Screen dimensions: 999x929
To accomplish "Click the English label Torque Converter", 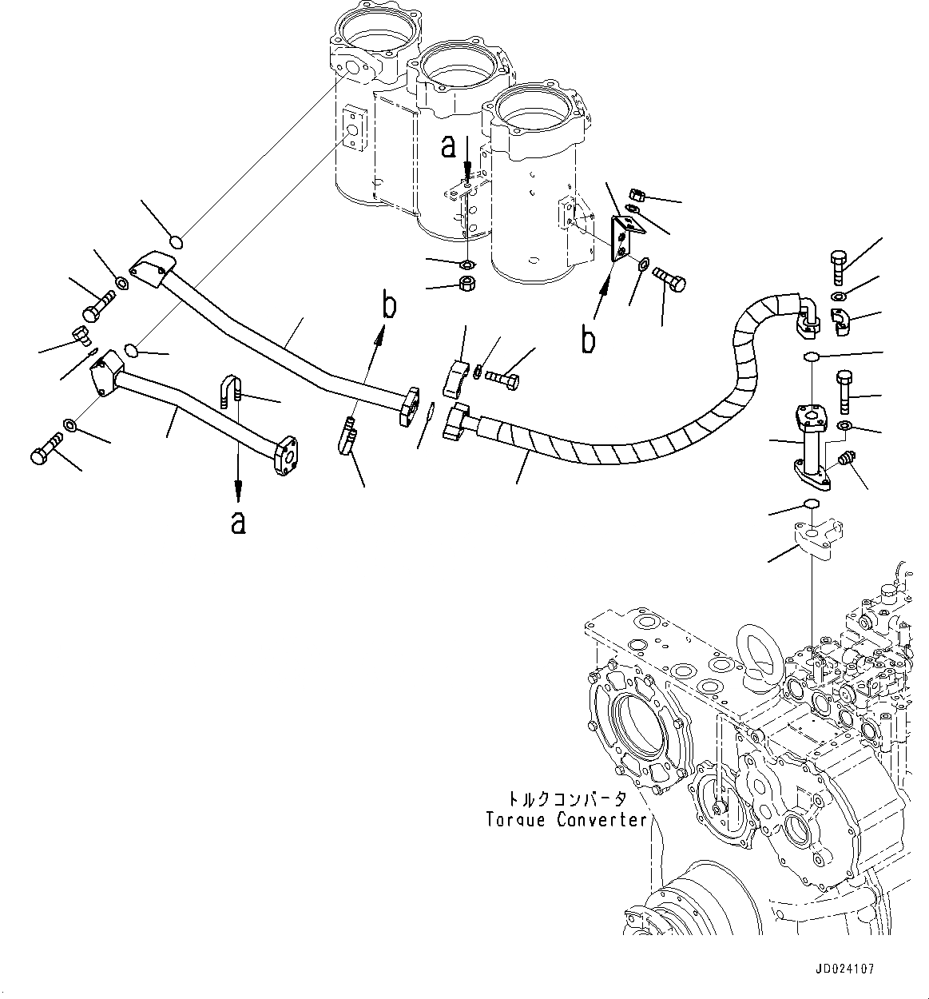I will [566, 820].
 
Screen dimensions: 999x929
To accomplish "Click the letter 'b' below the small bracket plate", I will [589, 339].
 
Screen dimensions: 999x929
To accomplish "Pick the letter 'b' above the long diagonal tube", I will [389, 305].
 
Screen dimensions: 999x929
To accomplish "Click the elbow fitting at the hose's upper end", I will [805, 316].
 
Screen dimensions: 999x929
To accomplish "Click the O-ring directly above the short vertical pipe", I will [812, 356].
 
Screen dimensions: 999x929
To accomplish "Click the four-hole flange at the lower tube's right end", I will [285, 456].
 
